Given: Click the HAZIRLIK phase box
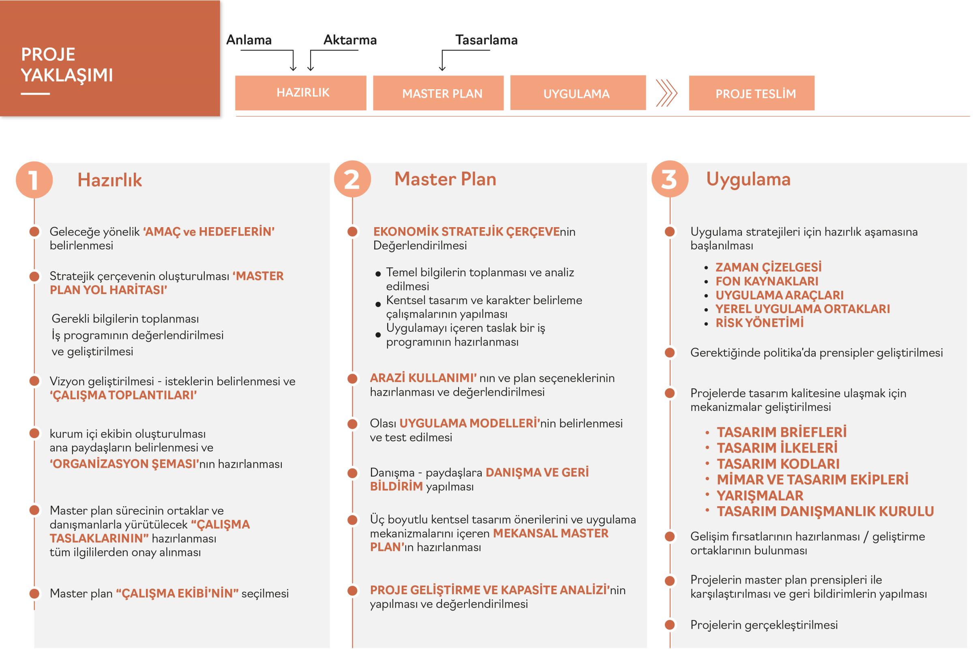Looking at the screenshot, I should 300,93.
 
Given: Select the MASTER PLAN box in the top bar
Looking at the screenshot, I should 438,93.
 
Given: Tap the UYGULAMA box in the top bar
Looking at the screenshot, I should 578,93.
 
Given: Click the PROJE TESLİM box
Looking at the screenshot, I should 751,93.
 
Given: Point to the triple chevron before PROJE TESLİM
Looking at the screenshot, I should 666,93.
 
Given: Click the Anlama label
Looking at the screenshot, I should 249,40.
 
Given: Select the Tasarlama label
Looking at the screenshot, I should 486,40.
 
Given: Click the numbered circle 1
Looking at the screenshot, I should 34,180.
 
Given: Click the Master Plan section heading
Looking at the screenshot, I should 445,179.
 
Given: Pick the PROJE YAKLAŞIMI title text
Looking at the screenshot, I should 66,65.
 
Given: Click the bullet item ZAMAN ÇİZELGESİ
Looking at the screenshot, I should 768,267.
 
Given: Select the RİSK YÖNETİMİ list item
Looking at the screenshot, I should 759,323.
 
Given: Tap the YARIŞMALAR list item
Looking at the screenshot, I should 759,496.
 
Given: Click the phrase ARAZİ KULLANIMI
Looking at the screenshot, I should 423,378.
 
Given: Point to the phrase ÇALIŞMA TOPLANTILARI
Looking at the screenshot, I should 123,395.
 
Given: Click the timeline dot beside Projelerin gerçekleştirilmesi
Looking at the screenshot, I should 670,625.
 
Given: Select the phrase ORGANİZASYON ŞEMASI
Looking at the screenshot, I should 124,464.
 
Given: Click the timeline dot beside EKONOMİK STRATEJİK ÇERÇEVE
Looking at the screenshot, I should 352,232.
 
